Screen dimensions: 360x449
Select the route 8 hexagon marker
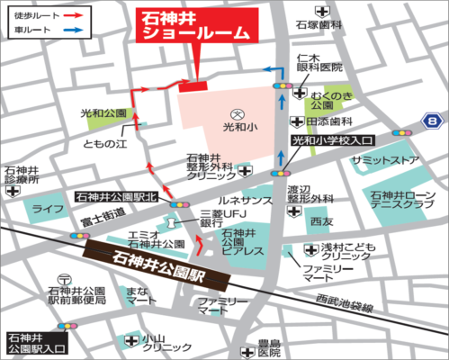[435, 120]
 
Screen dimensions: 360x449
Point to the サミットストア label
[386, 159]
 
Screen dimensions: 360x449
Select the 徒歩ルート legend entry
[36, 15]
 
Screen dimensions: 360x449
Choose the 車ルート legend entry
[36, 31]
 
